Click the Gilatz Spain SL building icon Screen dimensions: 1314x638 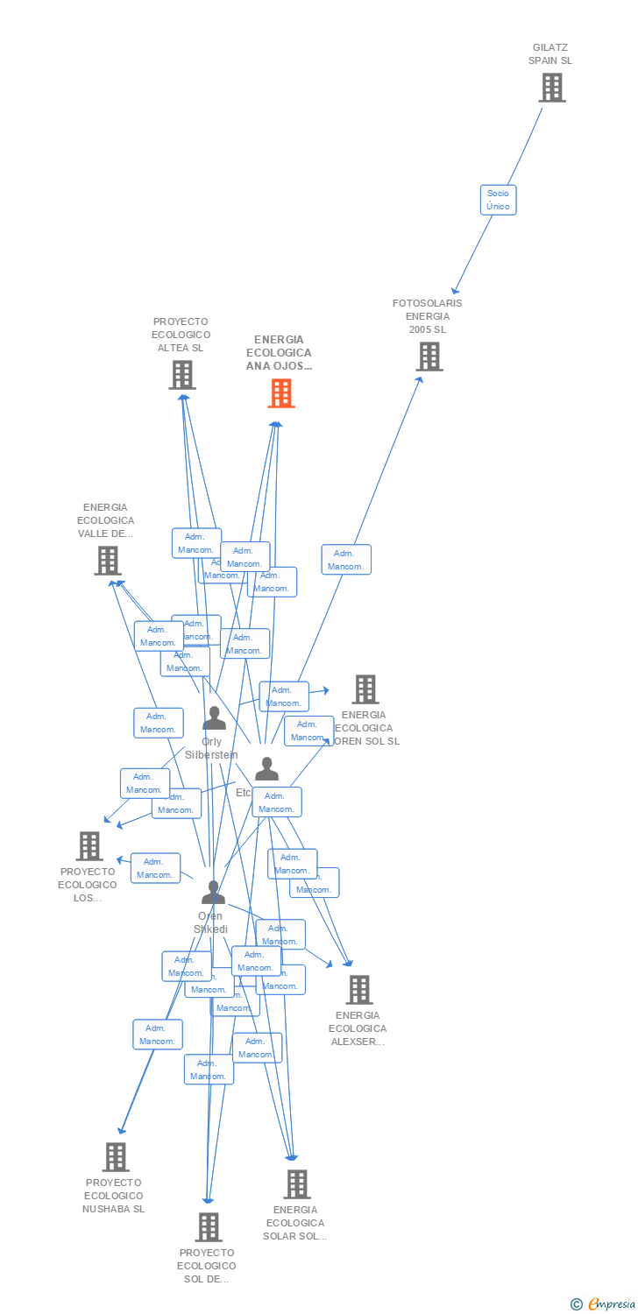(x=552, y=88)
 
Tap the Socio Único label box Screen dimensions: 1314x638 (x=498, y=200)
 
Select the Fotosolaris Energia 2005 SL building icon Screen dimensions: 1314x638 (x=429, y=357)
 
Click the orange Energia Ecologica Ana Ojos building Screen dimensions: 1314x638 (x=281, y=393)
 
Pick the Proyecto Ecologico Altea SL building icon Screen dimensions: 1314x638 (x=181, y=375)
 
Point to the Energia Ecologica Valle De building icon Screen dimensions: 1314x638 (x=108, y=560)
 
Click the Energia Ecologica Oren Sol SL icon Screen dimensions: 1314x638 (x=365, y=689)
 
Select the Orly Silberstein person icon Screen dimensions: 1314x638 (x=214, y=719)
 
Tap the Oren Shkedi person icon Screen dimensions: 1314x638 (x=213, y=893)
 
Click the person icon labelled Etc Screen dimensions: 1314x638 (x=266, y=769)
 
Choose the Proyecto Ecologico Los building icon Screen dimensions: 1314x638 (x=89, y=846)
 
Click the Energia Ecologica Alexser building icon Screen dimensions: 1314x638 (x=358, y=990)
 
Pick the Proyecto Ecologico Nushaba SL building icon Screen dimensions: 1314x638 (x=116, y=1157)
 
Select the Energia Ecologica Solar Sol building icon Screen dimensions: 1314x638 (x=297, y=1184)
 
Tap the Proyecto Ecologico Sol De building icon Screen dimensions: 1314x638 (x=209, y=1227)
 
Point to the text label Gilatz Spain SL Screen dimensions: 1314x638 (x=550, y=54)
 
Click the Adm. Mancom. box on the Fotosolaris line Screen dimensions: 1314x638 (x=346, y=560)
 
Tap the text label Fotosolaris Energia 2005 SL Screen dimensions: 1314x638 (x=428, y=316)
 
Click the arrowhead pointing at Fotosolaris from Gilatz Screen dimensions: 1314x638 (x=455, y=291)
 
